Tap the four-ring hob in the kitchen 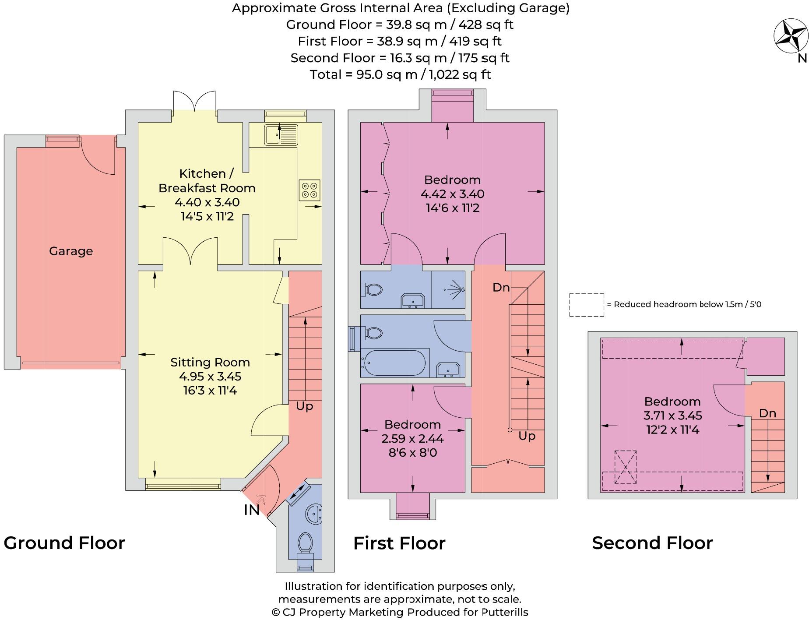(x=310, y=190)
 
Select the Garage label (x=71, y=251)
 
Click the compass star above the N (x=791, y=36)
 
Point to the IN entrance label (x=252, y=510)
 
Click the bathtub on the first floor (x=393, y=363)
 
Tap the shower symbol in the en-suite (x=455, y=289)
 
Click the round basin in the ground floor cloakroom (x=314, y=513)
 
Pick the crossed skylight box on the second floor (x=626, y=467)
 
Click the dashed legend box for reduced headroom (x=587, y=305)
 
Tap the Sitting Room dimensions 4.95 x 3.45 (x=210, y=377)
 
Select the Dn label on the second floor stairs (x=767, y=413)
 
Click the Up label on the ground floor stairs (x=304, y=406)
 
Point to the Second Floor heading (x=652, y=543)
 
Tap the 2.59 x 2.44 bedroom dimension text (x=412, y=438)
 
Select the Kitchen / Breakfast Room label (x=207, y=181)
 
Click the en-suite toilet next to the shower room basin (x=373, y=289)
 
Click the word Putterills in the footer (x=505, y=612)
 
